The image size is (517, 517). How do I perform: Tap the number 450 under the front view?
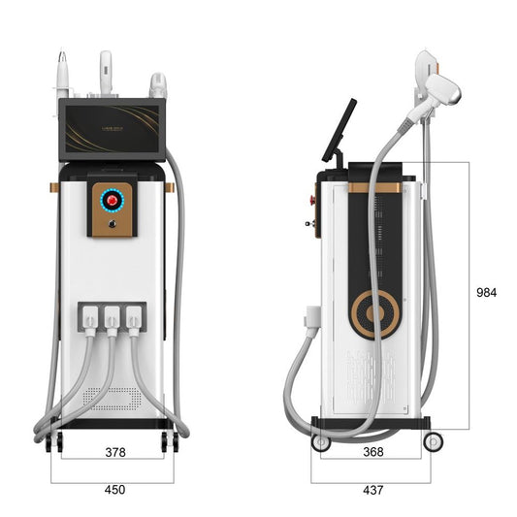pos(113,490)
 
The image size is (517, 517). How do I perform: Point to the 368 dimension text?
pos(372,451)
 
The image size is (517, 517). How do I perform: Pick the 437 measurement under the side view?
pos(372,490)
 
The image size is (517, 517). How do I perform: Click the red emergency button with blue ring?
pos(113,201)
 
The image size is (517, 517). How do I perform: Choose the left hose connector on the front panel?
pos(90,317)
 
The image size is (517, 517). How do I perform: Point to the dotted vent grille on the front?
pos(113,398)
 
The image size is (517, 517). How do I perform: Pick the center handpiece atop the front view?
pos(106,72)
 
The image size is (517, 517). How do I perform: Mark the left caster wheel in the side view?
pos(321,442)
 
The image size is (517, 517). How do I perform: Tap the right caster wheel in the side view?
pos(433,442)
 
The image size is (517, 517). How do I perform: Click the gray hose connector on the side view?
pos(312,319)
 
